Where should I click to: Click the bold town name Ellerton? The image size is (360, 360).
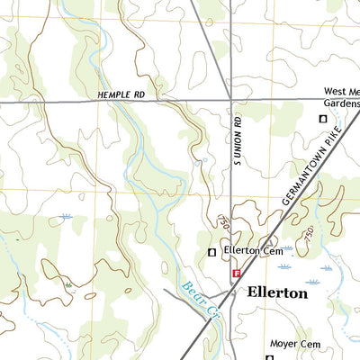coord(276,293)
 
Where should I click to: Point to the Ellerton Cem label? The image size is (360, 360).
coord(255,251)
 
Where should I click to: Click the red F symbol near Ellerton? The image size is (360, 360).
coord(236,273)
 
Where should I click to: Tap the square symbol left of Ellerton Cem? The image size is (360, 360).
coord(212,252)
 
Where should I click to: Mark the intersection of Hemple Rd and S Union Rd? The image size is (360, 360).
coord(231,101)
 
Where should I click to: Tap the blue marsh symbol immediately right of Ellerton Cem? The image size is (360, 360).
coord(287,248)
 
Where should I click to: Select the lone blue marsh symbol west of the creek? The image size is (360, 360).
coord(66,217)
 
